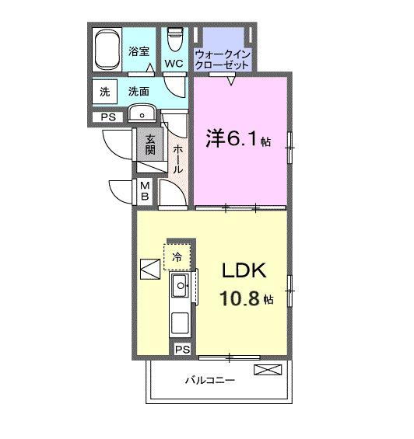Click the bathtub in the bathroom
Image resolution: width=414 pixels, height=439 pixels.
coord(107,51)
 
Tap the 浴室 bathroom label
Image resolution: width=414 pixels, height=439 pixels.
coord(139,51)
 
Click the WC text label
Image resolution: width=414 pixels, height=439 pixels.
coord(174,63)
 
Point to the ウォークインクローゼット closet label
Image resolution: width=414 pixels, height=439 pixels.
coord(223,60)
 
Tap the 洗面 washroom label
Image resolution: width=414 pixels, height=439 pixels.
coord(139,91)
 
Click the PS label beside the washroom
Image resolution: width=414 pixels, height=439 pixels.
coord(106,118)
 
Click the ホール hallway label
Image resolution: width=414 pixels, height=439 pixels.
coord(177,158)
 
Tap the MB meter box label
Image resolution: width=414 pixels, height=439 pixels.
coord(145,190)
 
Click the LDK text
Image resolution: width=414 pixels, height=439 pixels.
coord(244,271)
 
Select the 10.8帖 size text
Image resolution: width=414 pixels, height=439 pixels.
coord(244,298)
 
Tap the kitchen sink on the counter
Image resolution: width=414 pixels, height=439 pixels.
coord(181,287)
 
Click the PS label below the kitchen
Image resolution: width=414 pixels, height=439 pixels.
coord(182,350)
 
